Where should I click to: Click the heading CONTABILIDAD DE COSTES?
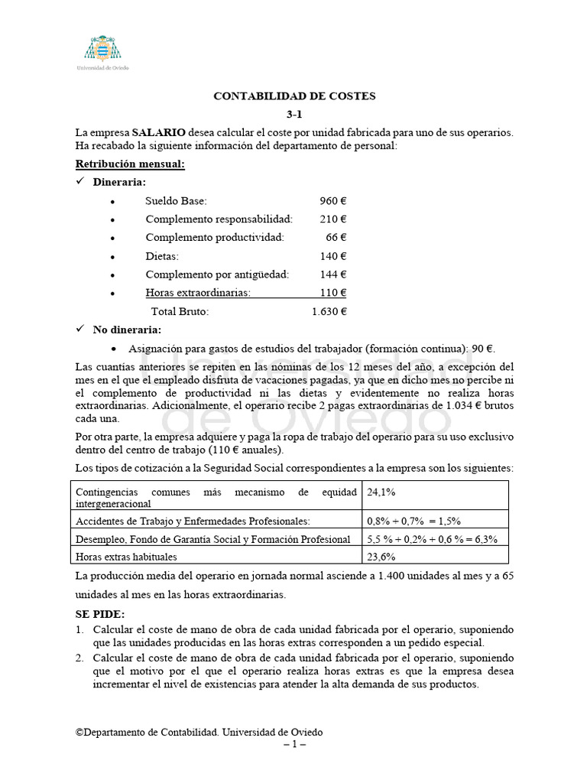(x=294, y=96)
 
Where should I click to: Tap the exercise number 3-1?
(x=295, y=115)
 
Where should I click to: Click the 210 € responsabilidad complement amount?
(x=333, y=219)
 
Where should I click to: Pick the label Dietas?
(x=162, y=256)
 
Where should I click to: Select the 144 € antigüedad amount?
(x=333, y=275)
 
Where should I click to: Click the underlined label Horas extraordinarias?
(x=198, y=293)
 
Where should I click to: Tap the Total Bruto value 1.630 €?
(x=329, y=311)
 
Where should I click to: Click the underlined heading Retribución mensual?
(x=130, y=164)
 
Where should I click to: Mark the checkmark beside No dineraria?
(x=80, y=330)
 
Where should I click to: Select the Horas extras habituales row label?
(x=126, y=557)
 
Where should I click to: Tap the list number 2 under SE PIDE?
(x=79, y=658)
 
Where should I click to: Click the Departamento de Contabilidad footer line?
(x=199, y=732)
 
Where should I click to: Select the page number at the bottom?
(x=294, y=744)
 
